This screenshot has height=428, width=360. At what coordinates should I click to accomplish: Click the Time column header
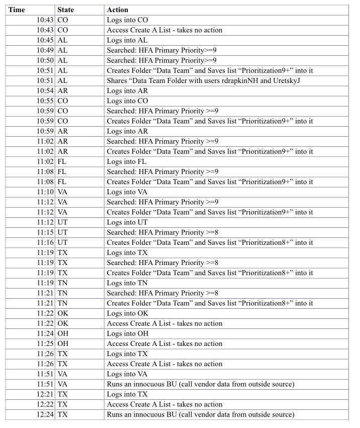(17, 10)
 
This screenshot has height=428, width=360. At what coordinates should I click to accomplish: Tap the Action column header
(118, 10)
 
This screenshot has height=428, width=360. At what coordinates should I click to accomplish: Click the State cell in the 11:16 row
(63, 242)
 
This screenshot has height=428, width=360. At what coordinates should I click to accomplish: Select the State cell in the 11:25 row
(63, 344)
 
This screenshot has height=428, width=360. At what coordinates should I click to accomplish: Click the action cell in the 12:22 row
(164, 404)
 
